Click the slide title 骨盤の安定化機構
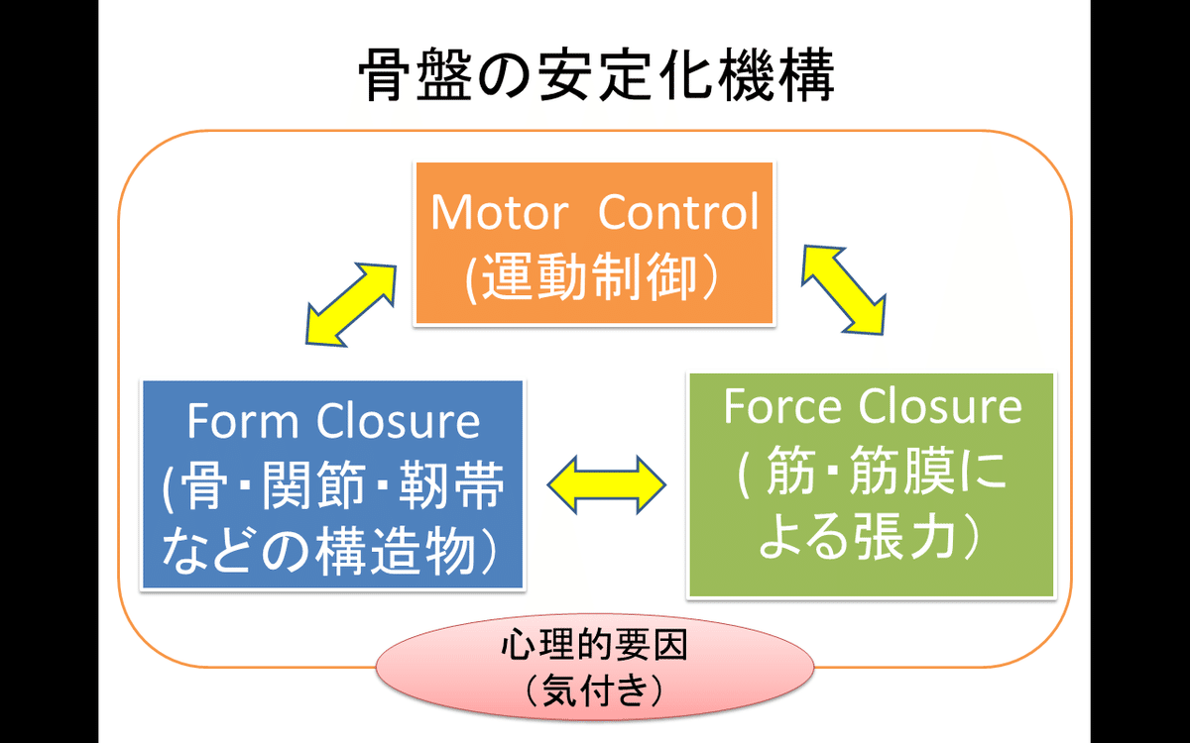point(597,75)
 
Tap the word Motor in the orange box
point(500,212)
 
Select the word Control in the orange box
point(678,211)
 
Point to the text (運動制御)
point(594,276)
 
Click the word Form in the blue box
point(242,421)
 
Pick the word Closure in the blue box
point(398,420)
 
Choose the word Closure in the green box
point(940,406)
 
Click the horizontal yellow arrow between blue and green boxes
point(606,484)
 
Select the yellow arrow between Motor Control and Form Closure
point(351,305)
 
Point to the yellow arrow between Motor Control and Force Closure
point(844,289)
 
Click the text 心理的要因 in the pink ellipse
point(594,645)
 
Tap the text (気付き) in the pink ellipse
point(594,690)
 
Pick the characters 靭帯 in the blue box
point(451,485)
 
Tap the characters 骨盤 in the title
point(416,75)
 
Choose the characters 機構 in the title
point(777,75)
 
